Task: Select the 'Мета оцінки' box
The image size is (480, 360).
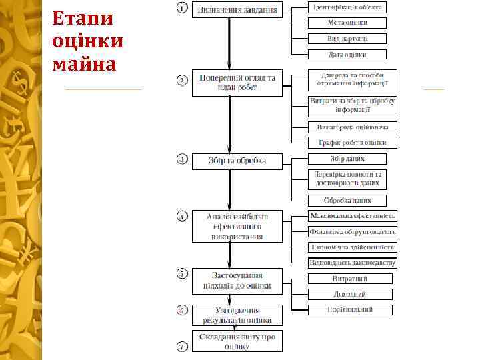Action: [347, 23]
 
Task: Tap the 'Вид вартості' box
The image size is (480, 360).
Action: [347, 39]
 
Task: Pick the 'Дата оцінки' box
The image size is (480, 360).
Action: [347, 55]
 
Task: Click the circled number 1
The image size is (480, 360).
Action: [181, 8]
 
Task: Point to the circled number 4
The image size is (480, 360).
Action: [181, 217]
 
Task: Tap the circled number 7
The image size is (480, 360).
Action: [181, 346]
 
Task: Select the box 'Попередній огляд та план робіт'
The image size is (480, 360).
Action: [237, 82]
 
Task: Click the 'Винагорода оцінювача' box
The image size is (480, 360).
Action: [353, 127]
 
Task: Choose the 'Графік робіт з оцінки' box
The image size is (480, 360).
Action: [353, 143]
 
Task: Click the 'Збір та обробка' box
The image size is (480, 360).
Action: [237, 161]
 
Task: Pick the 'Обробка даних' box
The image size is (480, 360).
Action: [347, 200]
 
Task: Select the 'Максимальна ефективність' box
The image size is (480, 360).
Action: [353, 216]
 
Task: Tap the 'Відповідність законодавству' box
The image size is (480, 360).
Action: [353, 263]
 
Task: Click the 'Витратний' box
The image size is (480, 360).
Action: [350, 279]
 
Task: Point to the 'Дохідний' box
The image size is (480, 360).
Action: [350, 294]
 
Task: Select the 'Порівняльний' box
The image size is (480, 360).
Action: [350, 309]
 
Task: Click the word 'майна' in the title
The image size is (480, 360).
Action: [84, 65]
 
